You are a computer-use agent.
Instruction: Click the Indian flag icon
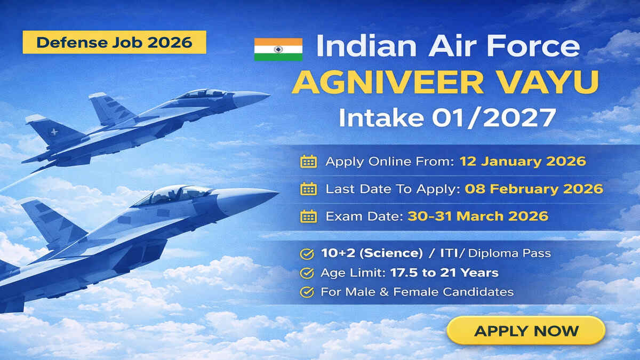(x=278, y=49)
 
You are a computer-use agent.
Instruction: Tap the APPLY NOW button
(x=526, y=331)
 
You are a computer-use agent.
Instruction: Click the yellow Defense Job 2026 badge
(x=114, y=42)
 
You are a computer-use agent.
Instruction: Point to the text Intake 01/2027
(x=447, y=118)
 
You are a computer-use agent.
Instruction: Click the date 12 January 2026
(x=522, y=161)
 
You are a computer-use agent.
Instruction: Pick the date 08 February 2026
(x=534, y=188)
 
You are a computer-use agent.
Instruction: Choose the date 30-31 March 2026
(x=478, y=216)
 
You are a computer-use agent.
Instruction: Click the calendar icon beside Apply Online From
(x=308, y=162)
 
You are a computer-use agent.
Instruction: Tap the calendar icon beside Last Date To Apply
(x=308, y=189)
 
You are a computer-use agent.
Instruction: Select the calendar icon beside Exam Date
(x=308, y=216)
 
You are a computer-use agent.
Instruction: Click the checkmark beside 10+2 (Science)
(x=307, y=254)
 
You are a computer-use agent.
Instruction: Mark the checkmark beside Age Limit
(x=307, y=273)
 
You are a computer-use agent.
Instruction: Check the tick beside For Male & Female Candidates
(x=307, y=292)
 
